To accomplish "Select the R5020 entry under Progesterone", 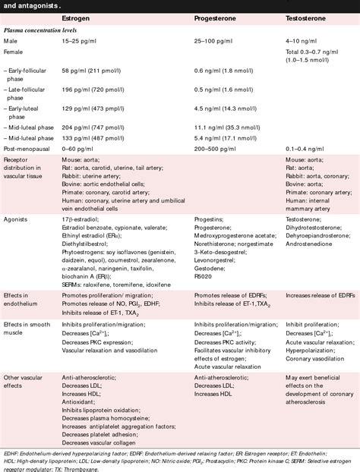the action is point(204,277).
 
